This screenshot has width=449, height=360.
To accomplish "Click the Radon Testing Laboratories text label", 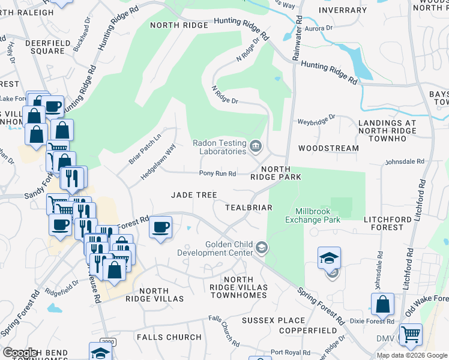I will pos(219,147).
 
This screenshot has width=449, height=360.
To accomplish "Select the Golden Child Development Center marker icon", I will pos(261,247).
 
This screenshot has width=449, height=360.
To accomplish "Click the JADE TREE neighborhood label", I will pos(194,195).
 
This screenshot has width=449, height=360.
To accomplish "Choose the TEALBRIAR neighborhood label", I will pos(249,208).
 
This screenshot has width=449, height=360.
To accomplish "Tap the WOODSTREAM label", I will pos(328,148).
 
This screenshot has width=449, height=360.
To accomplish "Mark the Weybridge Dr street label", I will pos(316,121).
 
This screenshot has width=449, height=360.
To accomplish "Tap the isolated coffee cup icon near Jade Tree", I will pos(161,227).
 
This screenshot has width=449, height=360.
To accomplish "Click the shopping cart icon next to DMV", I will pos(411,334).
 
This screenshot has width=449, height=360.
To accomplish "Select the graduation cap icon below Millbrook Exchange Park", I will pos(329,257).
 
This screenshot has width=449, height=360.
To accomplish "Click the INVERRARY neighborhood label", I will pos(343,10).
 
